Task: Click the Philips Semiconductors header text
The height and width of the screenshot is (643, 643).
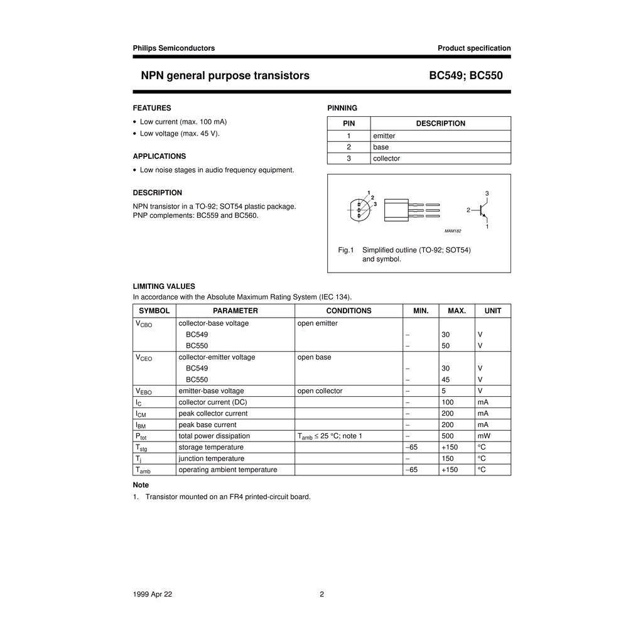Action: tap(173, 48)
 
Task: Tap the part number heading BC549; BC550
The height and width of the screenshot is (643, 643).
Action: tap(466, 76)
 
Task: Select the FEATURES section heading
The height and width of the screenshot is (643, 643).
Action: tap(152, 108)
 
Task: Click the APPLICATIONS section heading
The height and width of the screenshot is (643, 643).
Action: tap(159, 156)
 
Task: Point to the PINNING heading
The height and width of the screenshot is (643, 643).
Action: tap(342, 108)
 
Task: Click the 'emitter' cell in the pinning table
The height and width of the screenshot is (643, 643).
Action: tap(384, 136)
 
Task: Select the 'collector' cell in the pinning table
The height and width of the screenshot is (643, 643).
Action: tap(386, 158)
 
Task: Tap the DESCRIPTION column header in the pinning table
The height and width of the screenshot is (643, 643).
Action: tap(440, 124)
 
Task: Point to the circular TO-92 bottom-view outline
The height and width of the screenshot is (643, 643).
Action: tap(359, 209)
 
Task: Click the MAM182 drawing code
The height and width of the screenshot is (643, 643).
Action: tap(453, 231)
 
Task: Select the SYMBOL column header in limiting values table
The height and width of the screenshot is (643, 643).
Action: tap(154, 311)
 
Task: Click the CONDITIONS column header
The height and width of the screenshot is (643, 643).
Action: tap(349, 311)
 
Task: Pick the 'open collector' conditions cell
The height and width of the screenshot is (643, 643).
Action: tap(320, 391)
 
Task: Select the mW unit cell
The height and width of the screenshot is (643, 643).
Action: tap(484, 436)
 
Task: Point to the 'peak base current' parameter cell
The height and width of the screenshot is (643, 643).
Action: tap(207, 424)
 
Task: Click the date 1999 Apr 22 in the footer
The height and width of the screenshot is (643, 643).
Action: tap(152, 595)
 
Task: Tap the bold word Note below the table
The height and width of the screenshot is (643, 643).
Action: tap(141, 485)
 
